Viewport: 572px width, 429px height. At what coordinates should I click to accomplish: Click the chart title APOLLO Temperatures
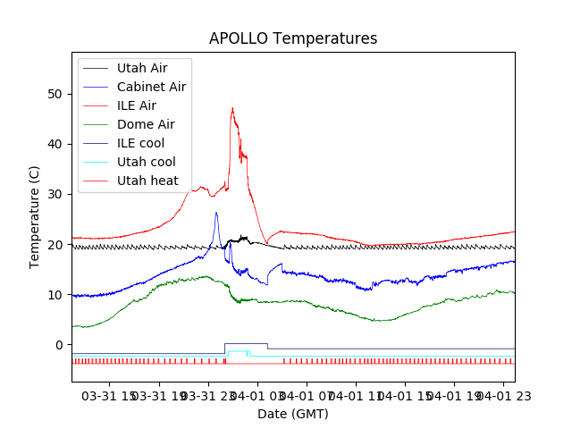[x=293, y=39]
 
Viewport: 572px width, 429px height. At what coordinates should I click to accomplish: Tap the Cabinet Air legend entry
[x=151, y=87]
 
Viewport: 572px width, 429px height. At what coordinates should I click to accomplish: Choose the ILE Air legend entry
[x=137, y=105]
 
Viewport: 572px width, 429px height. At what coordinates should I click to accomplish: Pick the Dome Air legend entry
[x=146, y=124]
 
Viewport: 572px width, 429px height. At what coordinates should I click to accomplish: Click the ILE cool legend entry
[x=140, y=143]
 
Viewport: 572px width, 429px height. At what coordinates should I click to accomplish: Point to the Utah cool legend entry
[x=147, y=162]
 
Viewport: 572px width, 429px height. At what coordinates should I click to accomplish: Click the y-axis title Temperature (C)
[x=35, y=217]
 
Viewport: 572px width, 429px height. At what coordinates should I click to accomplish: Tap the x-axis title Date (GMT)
[x=293, y=415]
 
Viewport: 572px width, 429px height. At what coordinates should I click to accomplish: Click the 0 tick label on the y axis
[x=59, y=345]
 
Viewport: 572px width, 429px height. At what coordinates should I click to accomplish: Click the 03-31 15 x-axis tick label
[x=112, y=395]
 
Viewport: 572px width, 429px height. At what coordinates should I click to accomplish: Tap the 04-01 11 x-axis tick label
[x=356, y=395]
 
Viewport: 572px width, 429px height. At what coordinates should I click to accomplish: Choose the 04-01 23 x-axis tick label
[x=502, y=395]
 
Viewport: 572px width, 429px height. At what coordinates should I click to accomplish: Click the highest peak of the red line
[x=232, y=108]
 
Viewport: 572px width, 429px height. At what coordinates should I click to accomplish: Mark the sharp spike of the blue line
[x=216, y=213]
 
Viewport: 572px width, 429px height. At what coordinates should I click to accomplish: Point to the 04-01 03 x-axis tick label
[x=258, y=395]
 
